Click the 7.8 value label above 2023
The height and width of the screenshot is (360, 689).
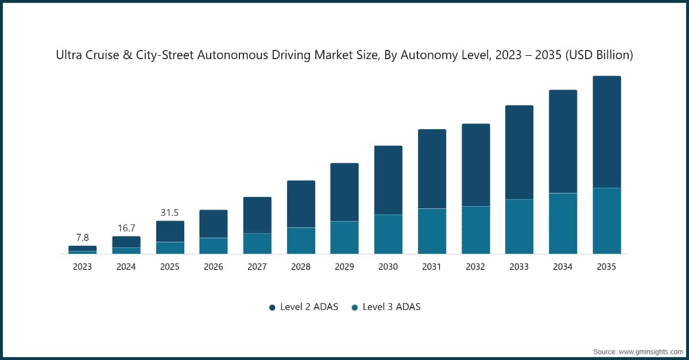(x=82, y=238)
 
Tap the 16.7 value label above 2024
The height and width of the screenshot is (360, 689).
(x=126, y=228)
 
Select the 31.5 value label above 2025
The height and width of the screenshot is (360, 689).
(x=170, y=212)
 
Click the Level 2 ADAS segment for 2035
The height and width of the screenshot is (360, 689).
(x=607, y=132)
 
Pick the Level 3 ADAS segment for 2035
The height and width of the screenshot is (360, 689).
(x=607, y=221)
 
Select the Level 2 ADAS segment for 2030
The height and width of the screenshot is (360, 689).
(x=388, y=180)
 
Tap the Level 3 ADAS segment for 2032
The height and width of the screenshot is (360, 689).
(x=476, y=230)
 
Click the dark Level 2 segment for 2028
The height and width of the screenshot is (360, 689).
(x=301, y=204)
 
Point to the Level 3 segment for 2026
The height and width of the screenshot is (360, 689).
(x=214, y=246)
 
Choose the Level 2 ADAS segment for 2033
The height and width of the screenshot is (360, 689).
(x=520, y=152)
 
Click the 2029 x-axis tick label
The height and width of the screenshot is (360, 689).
(x=344, y=267)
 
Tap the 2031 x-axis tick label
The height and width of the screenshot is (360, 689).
(x=432, y=267)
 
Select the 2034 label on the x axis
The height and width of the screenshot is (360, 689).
(x=563, y=267)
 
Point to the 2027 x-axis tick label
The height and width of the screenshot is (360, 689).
(x=257, y=267)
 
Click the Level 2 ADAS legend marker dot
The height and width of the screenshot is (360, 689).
(x=272, y=307)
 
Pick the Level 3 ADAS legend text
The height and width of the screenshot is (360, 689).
(x=392, y=307)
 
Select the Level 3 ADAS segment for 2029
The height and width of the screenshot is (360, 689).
(x=344, y=238)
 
